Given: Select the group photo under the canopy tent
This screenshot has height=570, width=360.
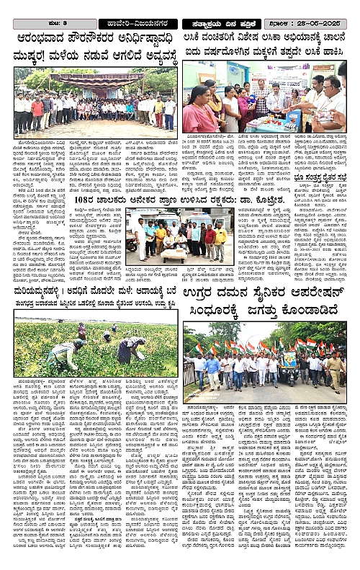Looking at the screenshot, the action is point(95,103).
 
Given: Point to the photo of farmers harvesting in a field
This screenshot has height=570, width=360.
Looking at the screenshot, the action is point(95,347).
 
